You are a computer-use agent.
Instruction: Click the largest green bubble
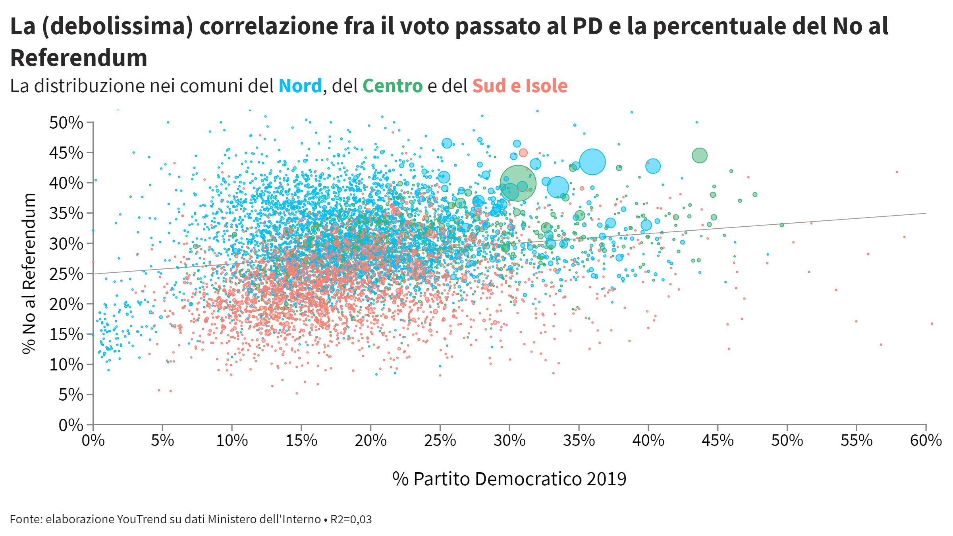(518, 183)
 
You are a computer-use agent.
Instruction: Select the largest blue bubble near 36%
(592, 162)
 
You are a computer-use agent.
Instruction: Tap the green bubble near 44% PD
(699, 155)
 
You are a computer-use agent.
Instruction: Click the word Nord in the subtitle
(300, 86)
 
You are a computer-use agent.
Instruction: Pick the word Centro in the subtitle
(392, 86)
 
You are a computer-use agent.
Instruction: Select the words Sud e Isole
(520, 86)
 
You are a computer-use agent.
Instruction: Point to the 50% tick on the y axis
(90, 122)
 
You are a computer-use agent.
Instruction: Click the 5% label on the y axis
(71, 395)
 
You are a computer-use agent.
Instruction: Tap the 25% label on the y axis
(66, 274)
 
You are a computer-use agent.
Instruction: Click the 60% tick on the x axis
(926, 428)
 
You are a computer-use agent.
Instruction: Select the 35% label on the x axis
(579, 441)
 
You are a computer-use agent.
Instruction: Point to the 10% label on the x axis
(232, 441)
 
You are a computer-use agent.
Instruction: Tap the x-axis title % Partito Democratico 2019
(509, 479)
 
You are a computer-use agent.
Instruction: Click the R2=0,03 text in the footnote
(351, 519)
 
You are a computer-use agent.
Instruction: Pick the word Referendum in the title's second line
(79, 58)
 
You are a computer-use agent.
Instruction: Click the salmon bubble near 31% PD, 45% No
(523, 153)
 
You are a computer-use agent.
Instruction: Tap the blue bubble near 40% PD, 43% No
(653, 166)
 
